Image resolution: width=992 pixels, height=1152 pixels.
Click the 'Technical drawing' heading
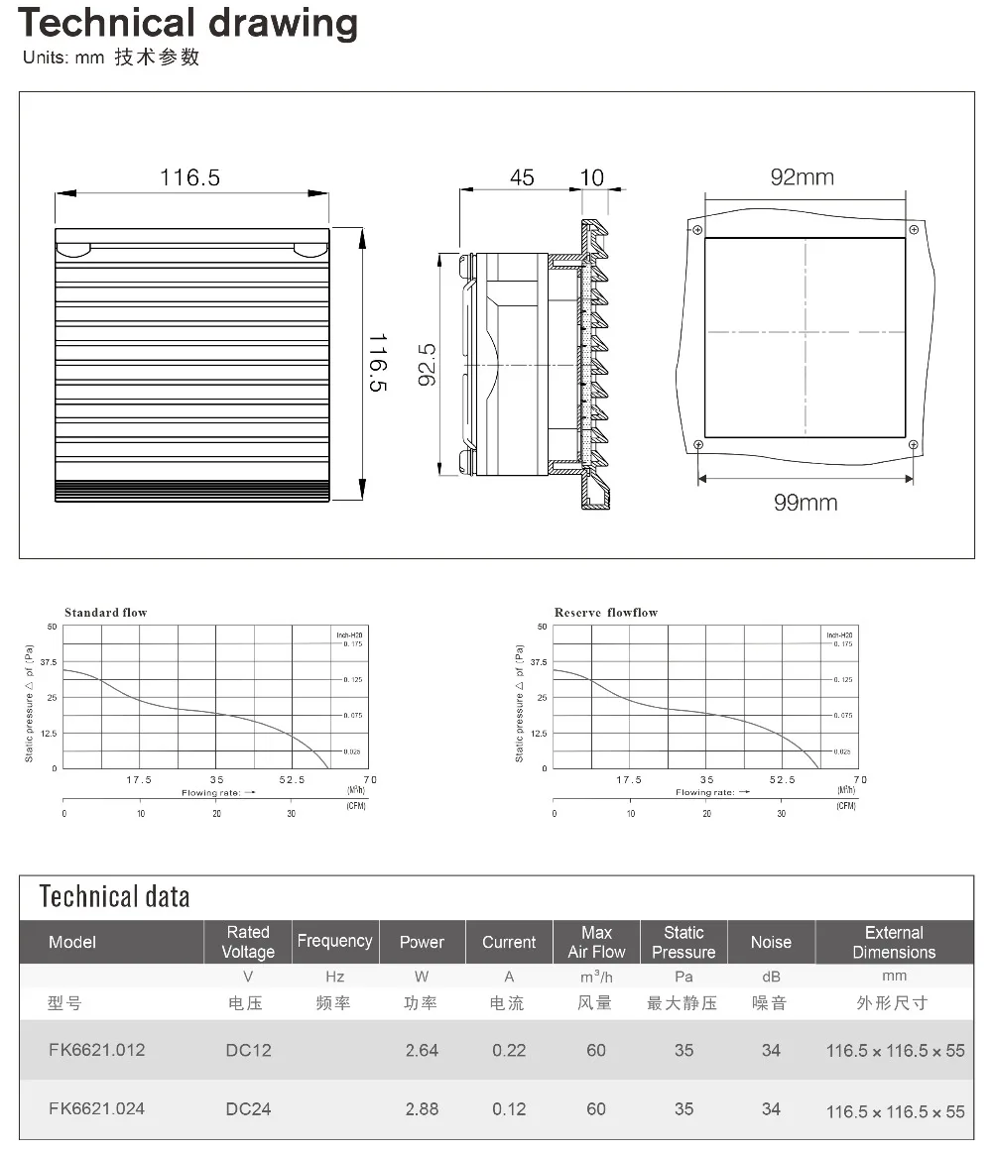[188, 23]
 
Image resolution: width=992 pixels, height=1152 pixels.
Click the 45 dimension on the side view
[522, 177]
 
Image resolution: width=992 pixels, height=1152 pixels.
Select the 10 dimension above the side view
[591, 177]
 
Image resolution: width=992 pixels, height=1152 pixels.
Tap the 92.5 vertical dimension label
[428, 364]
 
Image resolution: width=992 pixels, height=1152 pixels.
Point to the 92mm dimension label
[803, 177]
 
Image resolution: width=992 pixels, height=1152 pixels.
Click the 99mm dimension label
[805, 503]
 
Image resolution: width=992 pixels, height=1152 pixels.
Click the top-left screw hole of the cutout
[698, 230]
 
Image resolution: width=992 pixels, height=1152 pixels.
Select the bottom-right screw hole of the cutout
[913, 445]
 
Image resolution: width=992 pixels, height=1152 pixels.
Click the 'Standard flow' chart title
[105, 613]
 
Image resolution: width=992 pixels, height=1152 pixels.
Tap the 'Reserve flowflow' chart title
[605, 613]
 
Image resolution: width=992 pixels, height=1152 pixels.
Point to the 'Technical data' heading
[114, 897]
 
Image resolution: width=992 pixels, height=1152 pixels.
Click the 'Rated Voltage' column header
[248, 942]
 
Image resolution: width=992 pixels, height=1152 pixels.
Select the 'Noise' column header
[771, 942]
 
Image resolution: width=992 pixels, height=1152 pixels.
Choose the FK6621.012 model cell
[96, 1049]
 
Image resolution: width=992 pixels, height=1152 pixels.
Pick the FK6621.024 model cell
[96, 1108]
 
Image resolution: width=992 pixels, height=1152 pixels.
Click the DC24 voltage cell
[248, 1108]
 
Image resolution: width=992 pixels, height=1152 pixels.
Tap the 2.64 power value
[422, 1050]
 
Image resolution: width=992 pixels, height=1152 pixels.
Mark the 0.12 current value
[509, 1108]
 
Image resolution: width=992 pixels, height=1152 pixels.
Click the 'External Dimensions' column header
[894, 942]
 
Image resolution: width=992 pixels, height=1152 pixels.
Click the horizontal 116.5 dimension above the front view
[190, 177]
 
